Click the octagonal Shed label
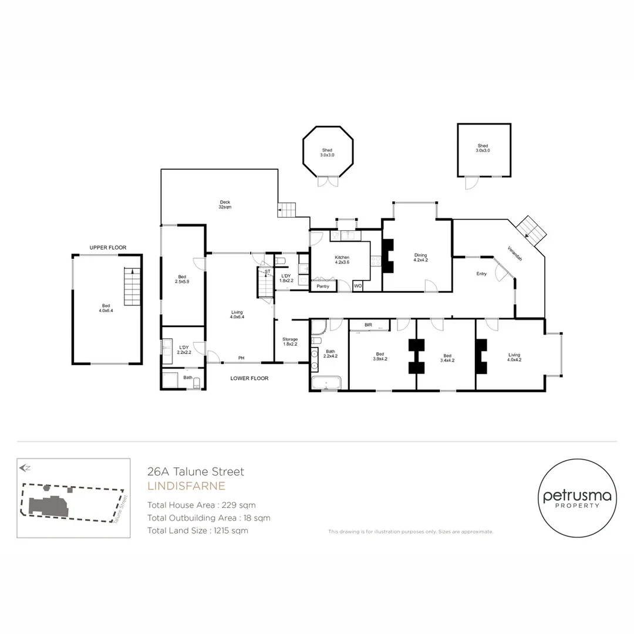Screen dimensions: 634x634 tap(327, 152)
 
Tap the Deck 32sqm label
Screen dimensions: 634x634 tap(224, 204)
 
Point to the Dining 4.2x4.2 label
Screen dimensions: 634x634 tap(420, 258)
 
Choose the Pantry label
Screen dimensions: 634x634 tap(323, 286)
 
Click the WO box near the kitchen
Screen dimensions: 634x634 tap(358, 286)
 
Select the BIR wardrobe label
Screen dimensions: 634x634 tap(368, 325)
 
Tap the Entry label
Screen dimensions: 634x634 tap(481, 274)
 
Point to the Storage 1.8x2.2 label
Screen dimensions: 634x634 tap(290, 342)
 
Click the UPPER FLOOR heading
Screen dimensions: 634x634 tap(107, 248)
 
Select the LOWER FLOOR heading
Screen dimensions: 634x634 tap(249, 379)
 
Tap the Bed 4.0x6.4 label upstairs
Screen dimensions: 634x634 tap(106, 308)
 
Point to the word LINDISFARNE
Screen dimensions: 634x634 tap(186, 486)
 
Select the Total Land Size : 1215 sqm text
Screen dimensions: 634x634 tap(198, 531)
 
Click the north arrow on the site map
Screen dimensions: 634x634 tap(25, 468)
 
